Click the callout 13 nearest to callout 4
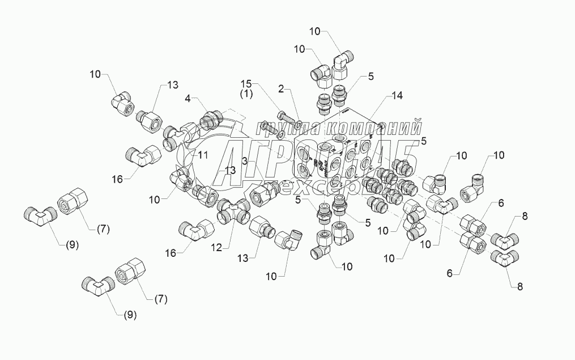(172, 84)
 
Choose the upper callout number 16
(116, 179)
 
